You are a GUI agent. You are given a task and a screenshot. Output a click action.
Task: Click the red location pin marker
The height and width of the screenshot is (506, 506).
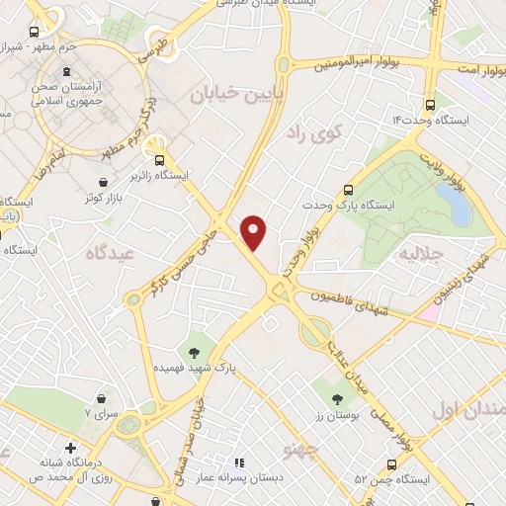point(255,232)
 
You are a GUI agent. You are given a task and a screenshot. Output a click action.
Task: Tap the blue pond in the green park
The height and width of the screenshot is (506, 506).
point(456,204)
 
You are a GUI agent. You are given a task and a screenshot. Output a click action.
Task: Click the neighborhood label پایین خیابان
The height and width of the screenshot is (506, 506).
point(229,94)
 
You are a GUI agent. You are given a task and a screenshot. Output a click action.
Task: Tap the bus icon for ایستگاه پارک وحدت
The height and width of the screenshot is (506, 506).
point(347,190)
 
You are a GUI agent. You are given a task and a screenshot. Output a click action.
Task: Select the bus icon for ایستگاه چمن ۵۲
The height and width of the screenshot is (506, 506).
point(392,464)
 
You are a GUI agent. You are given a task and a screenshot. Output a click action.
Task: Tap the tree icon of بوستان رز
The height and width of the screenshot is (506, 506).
point(338,399)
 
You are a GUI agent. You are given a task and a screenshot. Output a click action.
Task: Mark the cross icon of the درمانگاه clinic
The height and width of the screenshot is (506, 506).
point(70,448)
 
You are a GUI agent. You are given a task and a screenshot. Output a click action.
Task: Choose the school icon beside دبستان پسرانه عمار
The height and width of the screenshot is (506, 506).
point(238,463)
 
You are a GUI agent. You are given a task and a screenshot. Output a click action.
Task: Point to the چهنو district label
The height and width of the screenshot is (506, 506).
point(300,450)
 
